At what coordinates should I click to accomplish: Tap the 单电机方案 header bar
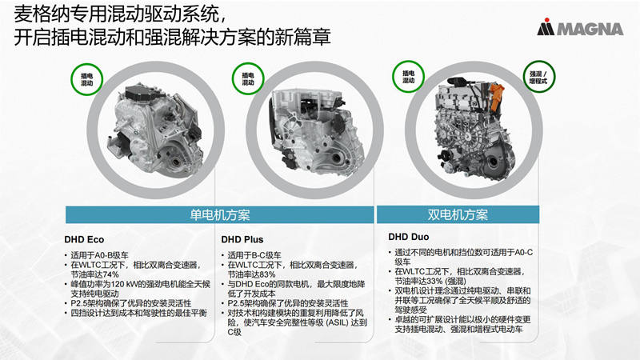[220, 214]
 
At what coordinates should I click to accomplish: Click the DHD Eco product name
[85, 238]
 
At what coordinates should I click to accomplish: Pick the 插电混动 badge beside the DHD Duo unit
[409, 76]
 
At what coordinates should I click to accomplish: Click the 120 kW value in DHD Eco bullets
[122, 284]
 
